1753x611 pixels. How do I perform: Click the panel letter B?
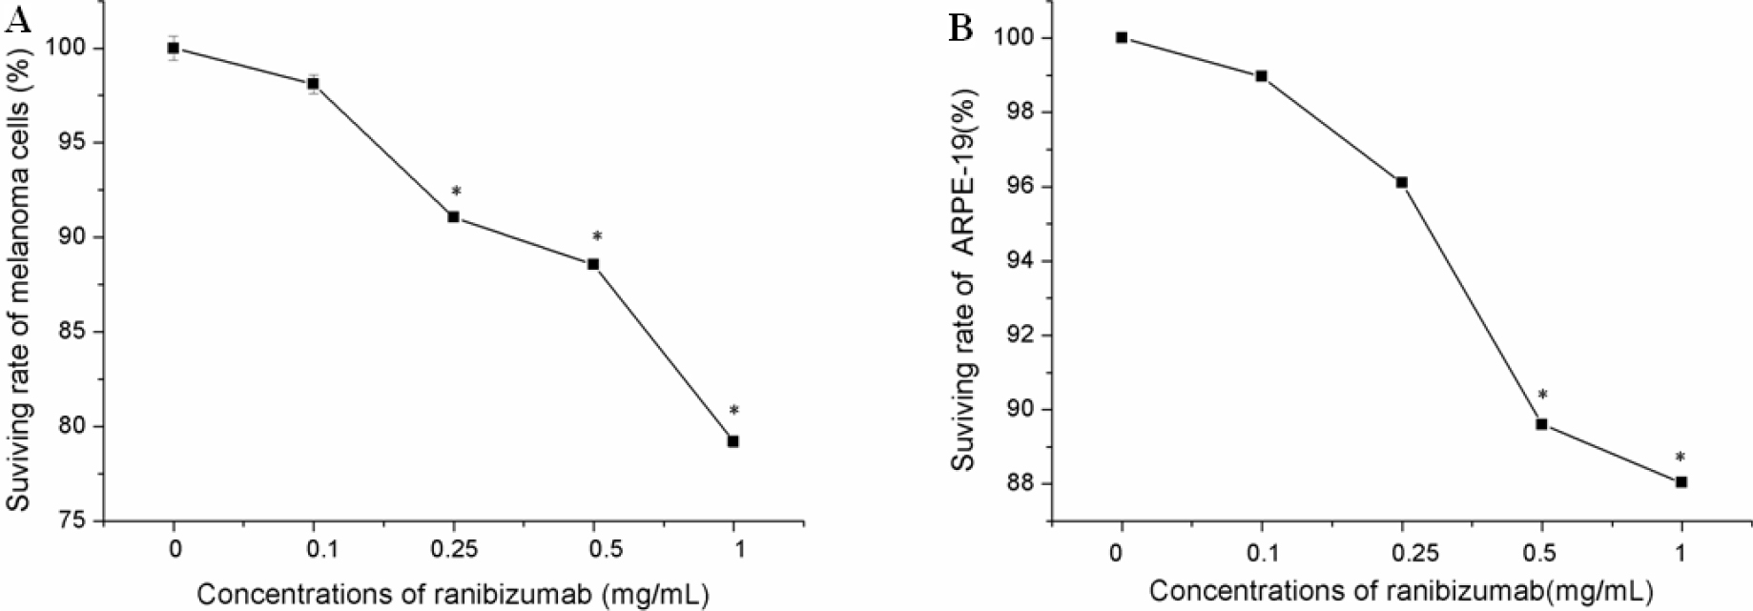tap(960, 29)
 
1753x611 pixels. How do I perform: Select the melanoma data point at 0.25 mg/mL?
tap(454, 217)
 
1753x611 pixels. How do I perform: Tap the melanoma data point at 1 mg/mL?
tap(733, 441)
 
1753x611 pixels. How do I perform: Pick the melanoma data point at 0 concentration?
tap(174, 48)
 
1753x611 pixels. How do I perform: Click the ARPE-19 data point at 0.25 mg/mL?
tap(1401, 182)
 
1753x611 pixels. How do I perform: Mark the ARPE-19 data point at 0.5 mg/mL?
tap(1541, 424)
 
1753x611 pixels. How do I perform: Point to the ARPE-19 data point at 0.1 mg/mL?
tap(1261, 76)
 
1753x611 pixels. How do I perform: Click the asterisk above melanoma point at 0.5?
tap(597, 236)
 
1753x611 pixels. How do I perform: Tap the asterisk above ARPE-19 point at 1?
tap(1681, 458)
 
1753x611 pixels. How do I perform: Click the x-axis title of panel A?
tap(453, 594)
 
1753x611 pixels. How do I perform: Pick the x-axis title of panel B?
tap(1400, 590)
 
